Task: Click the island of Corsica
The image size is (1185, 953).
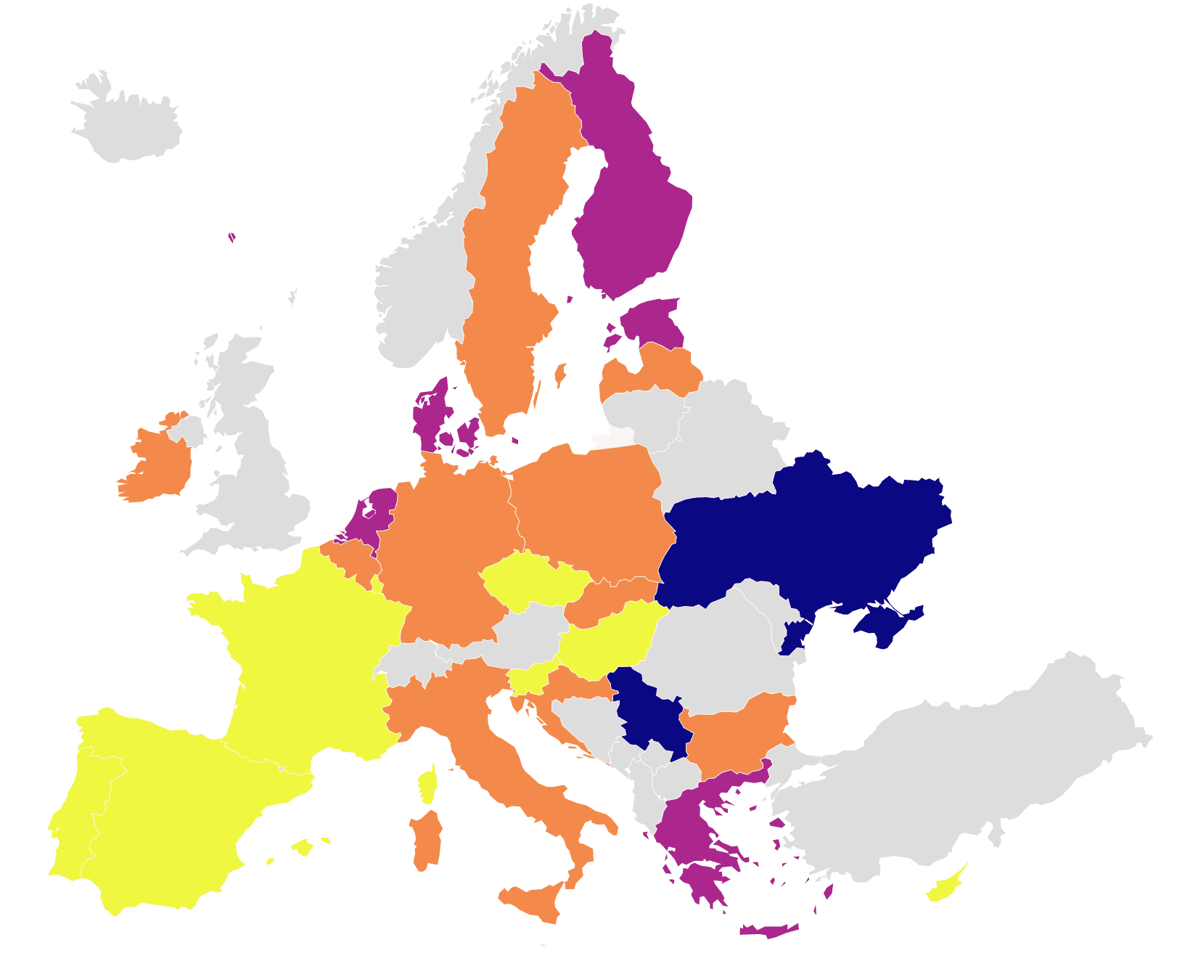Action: click(427, 788)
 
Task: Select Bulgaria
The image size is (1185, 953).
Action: click(737, 733)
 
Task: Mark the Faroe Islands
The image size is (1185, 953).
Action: click(231, 237)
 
